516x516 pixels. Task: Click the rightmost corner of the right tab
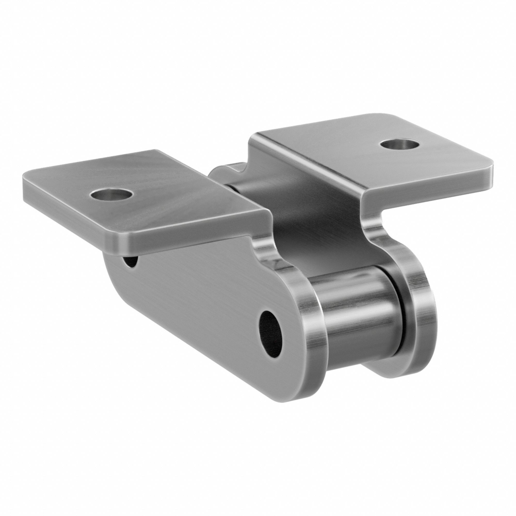tap(491, 168)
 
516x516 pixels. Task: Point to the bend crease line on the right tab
tap(315, 158)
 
